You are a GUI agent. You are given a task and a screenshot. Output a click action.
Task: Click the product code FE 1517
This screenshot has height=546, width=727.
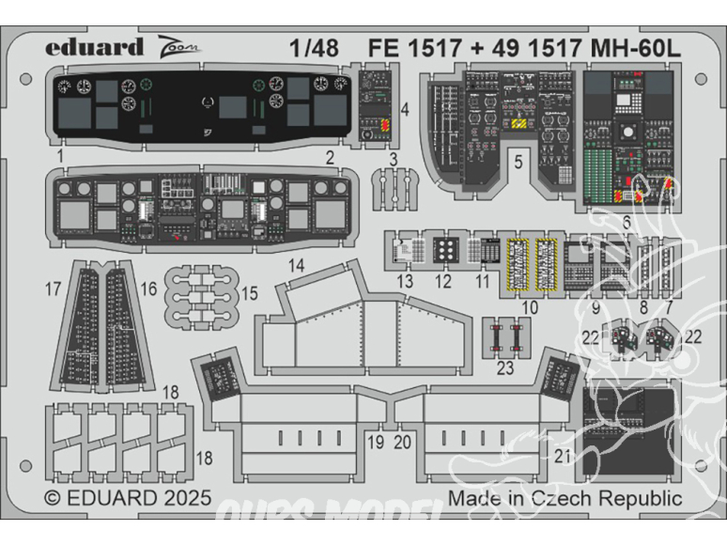(x=407, y=46)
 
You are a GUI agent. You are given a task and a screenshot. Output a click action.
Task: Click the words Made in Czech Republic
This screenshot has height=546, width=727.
(x=565, y=497)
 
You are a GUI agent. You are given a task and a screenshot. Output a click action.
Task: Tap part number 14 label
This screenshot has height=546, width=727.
(x=296, y=266)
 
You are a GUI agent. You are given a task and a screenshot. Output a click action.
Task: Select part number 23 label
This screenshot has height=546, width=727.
(x=505, y=368)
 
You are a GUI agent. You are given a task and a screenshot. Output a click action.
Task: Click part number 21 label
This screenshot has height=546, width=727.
(x=563, y=457)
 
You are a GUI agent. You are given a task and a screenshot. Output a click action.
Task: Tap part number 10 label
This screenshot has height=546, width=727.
(x=530, y=307)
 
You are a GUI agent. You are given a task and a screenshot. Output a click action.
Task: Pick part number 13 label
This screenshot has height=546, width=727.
(x=404, y=281)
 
